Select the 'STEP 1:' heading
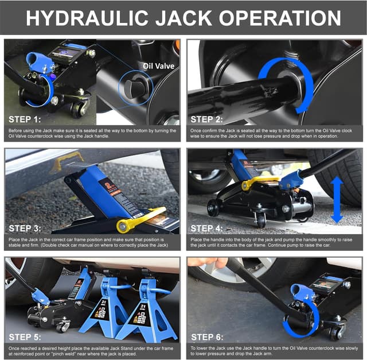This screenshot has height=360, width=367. click(26, 119)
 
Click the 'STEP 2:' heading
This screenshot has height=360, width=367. click(210, 119)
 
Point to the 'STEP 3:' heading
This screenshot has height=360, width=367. click(26, 228)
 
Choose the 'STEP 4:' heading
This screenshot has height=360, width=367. click(210, 228)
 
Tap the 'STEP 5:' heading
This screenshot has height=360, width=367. click(26, 336)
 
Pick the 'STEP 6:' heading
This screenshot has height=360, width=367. click(210, 336)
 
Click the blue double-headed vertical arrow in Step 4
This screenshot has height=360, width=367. click(337, 200)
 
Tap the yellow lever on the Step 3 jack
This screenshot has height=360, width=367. click(140, 219)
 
